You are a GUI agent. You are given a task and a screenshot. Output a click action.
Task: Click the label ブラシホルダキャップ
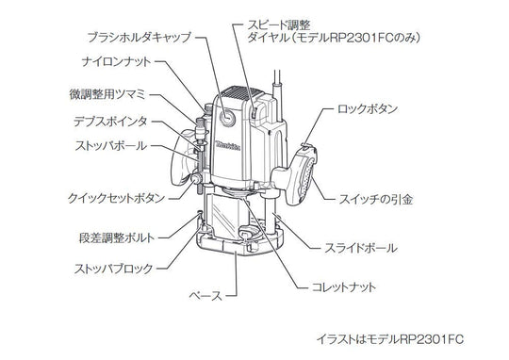[x=140, y=38]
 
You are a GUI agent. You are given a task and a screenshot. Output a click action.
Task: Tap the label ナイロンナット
[x=117, y=61]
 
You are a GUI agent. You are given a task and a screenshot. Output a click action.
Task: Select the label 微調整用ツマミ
[x=108, y=94]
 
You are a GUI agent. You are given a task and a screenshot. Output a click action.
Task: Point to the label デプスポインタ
[x=110, y=122]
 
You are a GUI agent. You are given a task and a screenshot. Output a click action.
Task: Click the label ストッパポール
[x=111, y=145]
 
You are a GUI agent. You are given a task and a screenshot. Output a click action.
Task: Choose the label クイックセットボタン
[x=116, y=198]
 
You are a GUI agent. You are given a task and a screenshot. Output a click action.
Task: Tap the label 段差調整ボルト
[x=117, y=237]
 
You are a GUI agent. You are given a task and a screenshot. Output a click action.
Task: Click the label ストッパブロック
[x=114, y=269]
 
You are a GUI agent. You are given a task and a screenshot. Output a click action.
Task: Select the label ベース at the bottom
[x=205, y=296]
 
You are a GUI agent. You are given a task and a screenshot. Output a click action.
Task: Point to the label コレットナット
[x=343, y=287]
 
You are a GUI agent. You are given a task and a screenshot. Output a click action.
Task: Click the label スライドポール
[x=361, y=249]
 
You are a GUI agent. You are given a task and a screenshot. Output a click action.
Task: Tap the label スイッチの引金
[x=375, y=199]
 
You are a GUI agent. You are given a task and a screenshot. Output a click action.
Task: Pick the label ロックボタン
[x=368, y=108]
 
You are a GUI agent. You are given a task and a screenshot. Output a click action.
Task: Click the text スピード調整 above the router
[x=279, y=25]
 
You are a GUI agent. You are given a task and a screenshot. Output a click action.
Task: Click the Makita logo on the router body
[x=228, y=146]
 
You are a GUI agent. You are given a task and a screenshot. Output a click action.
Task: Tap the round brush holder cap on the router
[x=226, y=117]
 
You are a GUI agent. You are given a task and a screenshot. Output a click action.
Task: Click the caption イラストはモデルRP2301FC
[x=390, y=339]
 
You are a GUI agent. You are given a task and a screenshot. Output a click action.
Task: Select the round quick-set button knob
[x=197, y=179]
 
